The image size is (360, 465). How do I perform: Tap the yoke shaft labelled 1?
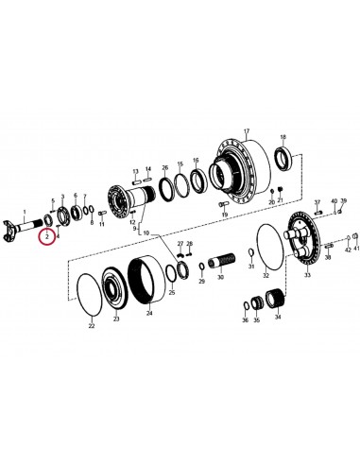pyautogui.click(x=27, y=228)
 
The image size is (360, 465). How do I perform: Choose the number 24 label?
pyautogui.click(x=147, y=319)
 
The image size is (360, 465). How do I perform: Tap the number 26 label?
pyautogui.click(x=164, y=166)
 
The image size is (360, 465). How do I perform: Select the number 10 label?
pyautogui.click(x=146, y=232)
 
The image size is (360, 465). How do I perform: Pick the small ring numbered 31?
pyautogui.click(x=249, y=251)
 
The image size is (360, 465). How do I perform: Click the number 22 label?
pyautogui.click(x=91, y=326)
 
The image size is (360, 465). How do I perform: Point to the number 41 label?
pyautogui.click(x=355, y=250)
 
